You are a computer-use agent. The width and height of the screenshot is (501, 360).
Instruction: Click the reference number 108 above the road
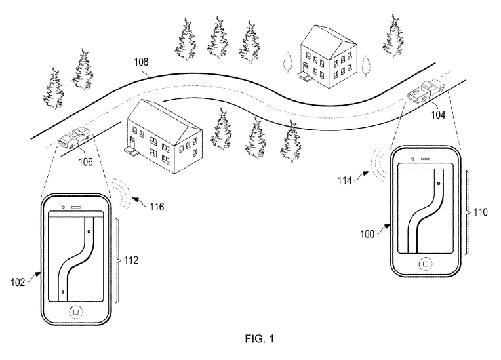pyautogui.click(x=141, y=62)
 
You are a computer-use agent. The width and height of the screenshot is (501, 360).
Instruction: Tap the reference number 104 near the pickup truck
pyautogui.click(x=438, y=115)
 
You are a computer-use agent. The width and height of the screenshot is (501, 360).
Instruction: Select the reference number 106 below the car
pyautogui.click(x=86, y=162)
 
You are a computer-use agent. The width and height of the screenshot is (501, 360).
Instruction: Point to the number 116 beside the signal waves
pyautogui.click(x=157, y=207)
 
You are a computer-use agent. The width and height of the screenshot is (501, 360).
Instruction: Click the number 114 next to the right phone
pyautogui.click(x=344, y=181)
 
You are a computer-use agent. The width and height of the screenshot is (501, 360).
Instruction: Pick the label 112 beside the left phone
pyautogui.click(x=131, y=260)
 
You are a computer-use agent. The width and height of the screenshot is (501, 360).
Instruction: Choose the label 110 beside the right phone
pyautogui.click(x=481, y=212)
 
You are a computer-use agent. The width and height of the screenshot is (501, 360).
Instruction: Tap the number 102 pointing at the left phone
pyautogui.click(x=18, y=282)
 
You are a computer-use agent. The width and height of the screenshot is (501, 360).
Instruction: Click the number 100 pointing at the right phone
pyautogui.click(x=367, y=234)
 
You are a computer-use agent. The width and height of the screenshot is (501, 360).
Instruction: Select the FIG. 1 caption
pyautogui.click(x=260, y=338)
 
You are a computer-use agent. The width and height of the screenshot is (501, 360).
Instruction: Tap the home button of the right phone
pyautogui.click(x=426, y=264)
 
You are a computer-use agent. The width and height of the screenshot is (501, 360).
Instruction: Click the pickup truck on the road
pyautogui.click(x=426, y=90)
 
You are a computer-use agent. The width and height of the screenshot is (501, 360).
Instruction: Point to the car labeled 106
pyautogui.click(x=74, y=137)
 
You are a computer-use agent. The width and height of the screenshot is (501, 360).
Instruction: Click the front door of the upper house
pyautogui.click(x=306, y=68)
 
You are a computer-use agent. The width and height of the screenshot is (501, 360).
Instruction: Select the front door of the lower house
pyautogui.click(x=132, y=143)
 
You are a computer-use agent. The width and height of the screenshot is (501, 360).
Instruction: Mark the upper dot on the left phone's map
pyautogui.click(x=89, y=231)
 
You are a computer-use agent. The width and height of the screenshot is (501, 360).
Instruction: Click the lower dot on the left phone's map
pyautogui.click(x=63, y=292)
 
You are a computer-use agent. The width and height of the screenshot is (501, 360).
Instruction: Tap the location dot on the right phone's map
pyautogui.click(x=438, y=184)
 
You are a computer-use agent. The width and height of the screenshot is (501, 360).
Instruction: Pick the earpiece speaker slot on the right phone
pyautogui.click(x=426, y=159)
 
